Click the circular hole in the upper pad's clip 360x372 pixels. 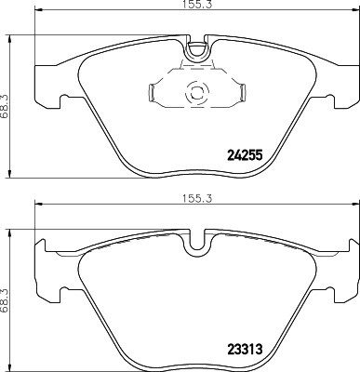point(196,92)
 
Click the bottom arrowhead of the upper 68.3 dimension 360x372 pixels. point(12,171)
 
